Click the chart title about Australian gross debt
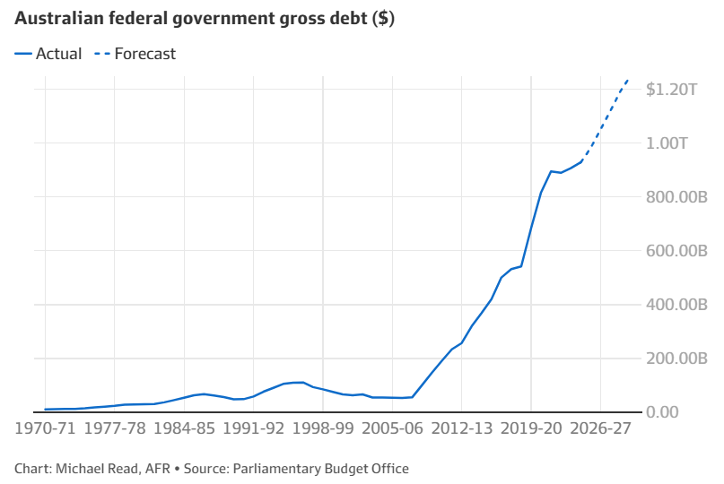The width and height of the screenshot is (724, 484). [205, 19]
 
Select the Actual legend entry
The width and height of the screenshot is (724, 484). [48, 54]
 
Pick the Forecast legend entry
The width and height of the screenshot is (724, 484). [135, 54]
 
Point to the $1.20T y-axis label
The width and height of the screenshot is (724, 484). [671, 89]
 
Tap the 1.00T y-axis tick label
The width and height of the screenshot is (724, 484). [667, 143]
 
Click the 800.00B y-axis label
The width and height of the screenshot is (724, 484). [676, 197]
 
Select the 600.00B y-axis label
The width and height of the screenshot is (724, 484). [676, 251]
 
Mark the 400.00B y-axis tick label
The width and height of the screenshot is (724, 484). [676, 305]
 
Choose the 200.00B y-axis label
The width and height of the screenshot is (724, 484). [676, 358]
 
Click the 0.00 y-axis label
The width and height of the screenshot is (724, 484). [662, 411]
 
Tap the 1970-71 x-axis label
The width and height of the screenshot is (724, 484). [45, 428]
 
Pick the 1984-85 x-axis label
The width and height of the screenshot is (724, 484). [184, 428]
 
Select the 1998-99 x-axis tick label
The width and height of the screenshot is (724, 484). [323, 428]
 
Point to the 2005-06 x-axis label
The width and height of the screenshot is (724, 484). [392, 428]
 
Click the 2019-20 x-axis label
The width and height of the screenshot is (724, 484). [531, 428]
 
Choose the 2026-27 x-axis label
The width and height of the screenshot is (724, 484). [601, 428]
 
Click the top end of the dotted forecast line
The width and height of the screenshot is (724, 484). [628, 80]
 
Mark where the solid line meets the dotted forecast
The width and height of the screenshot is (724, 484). [581, 161]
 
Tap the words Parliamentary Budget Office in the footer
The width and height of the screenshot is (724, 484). [321, 469]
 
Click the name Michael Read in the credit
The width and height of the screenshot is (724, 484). [97, 469]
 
